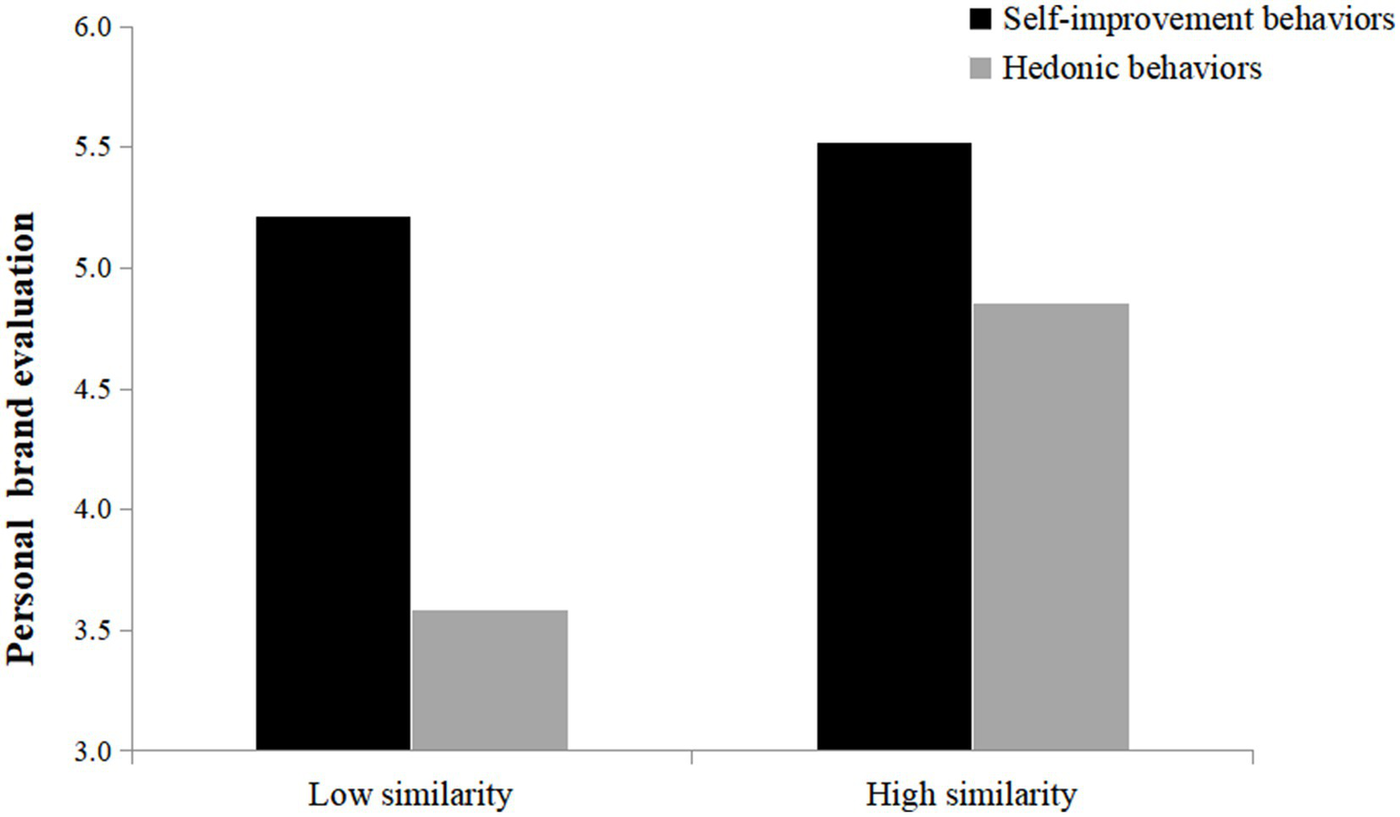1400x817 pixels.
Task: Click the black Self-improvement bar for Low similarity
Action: point(333,483)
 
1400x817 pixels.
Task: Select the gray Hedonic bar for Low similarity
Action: point(490,680)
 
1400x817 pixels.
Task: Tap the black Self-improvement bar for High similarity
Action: point(894,447)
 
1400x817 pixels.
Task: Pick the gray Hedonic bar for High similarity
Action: point(1051,527)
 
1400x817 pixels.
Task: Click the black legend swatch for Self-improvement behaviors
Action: point(980,19)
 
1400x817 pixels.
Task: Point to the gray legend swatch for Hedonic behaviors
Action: point(980,68)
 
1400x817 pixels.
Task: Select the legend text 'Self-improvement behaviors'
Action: point(1198,19)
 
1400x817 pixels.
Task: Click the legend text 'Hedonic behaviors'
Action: point(1132,68)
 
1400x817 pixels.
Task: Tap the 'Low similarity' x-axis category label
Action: point(410,794)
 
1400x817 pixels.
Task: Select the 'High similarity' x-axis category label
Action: point(971,794)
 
